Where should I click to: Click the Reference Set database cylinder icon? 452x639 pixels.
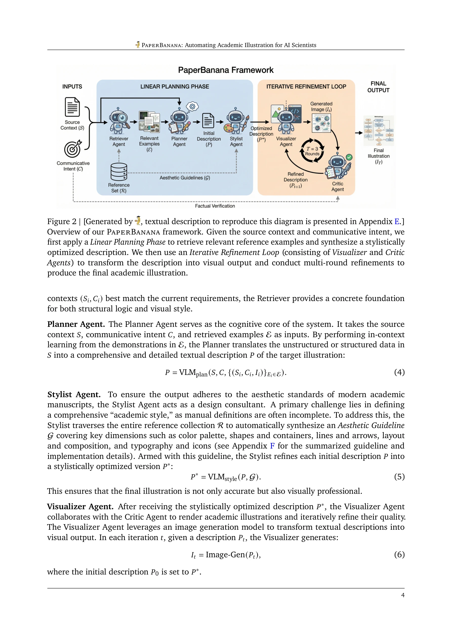[x=119, y=172]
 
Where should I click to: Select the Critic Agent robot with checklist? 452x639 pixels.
[x=338, y=167]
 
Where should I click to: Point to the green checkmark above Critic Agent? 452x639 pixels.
[x=349, y=157]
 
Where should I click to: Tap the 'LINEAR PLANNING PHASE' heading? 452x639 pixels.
[x=175, y=87]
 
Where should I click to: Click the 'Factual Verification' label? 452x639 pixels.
[x=215, y=206]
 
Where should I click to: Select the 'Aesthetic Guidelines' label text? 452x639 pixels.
[x=185, y=178]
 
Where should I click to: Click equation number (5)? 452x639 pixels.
[x=399, y=477]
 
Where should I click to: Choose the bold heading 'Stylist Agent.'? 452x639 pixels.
[x=74, y=394]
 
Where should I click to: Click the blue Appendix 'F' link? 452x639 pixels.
[x=272, y=446]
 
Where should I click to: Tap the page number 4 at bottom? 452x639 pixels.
[x=403, y=595]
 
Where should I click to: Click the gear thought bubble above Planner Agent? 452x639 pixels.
[x=192, y=106]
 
